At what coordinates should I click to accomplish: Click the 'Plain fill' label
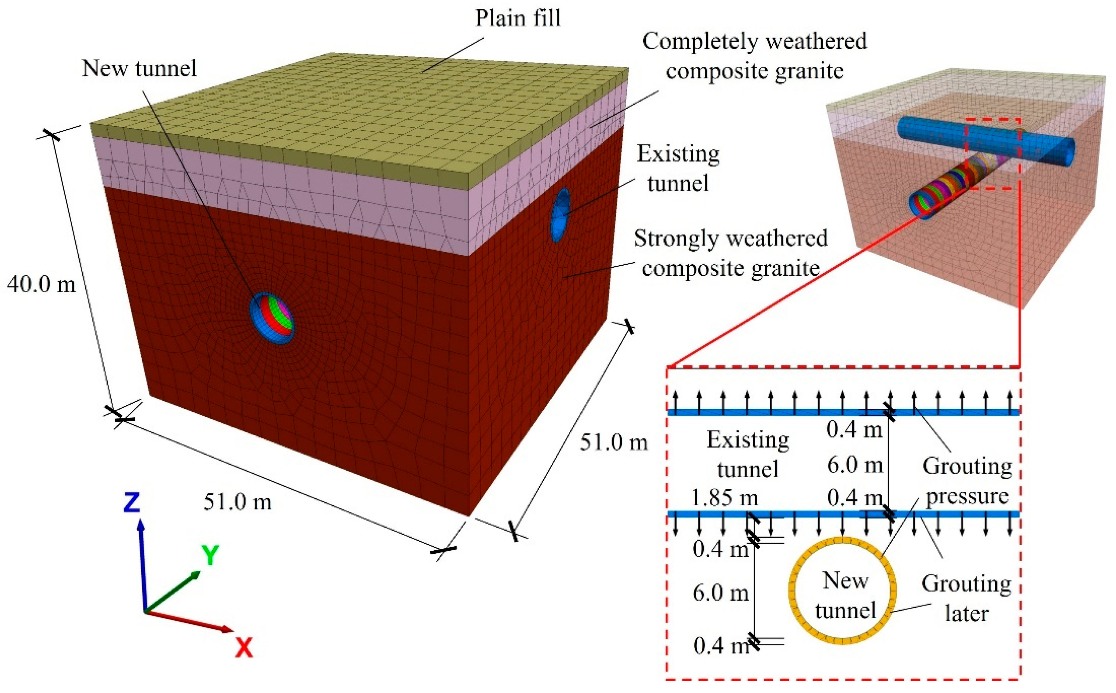[x=518, y=18]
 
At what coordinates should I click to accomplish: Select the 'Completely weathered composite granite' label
[x=754, y=56]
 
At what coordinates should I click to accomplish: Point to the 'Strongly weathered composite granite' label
[x=730, y=253]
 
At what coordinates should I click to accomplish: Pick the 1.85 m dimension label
[x=724, y=498]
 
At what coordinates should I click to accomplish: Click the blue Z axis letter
[x=131, y=502]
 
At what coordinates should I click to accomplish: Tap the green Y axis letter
[x=210, y=556]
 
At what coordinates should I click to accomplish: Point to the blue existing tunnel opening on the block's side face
[x=560, y=214]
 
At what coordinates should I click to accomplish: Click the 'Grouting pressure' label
[x=967, y=481]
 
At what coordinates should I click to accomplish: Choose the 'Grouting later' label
[x=967, y=598]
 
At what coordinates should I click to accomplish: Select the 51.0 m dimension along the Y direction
[x=614, y=443]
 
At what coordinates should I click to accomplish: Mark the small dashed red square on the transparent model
[x=993, y=153]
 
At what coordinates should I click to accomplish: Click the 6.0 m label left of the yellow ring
[x=720, y=593]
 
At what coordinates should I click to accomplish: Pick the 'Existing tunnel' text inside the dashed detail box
[x=748, y=454]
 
